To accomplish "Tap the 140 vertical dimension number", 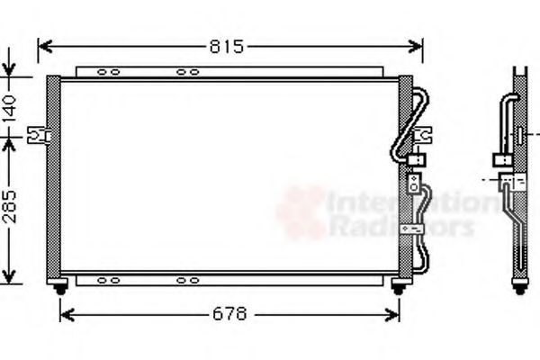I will tap(8, 107).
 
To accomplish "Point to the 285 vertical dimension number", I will tap(8, 208).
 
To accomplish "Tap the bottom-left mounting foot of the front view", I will tap(60, 287).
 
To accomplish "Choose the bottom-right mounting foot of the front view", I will tap(399, 287).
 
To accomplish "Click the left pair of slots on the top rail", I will tap(108, 72).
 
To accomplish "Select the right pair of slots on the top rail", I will tap(187, 72).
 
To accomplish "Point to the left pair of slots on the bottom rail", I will tap(108, 280).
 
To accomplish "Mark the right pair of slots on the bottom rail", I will tap(187, 280).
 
